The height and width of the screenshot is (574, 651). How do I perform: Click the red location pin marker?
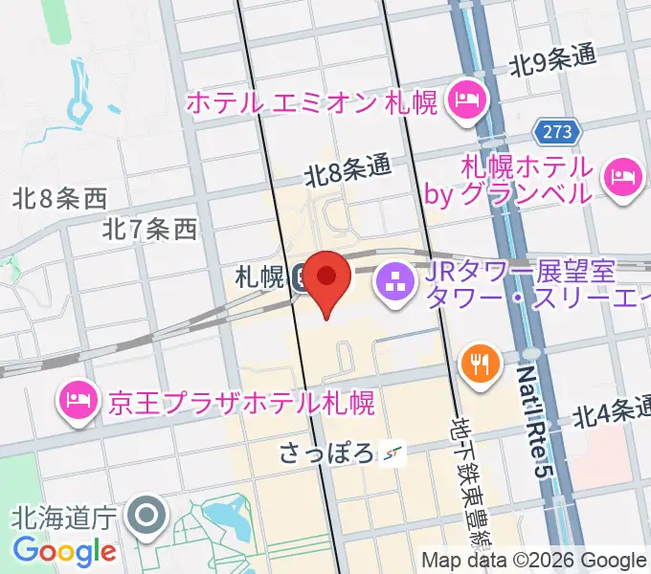click(327, 278)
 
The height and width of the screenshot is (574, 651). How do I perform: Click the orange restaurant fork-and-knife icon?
click(478, 363)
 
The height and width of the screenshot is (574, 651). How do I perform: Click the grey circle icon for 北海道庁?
click(147, 518)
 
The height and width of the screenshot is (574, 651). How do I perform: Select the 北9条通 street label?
click(552, 61)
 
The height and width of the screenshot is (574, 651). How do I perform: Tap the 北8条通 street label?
click(348, 171)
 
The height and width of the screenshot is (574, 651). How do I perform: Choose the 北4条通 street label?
click(612, 414)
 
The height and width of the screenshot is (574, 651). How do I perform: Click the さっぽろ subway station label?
click(325, 452)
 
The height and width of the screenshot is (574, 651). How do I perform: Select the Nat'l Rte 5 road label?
click(531, 421)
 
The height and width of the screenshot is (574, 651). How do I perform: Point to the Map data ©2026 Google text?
click(533, 560)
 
